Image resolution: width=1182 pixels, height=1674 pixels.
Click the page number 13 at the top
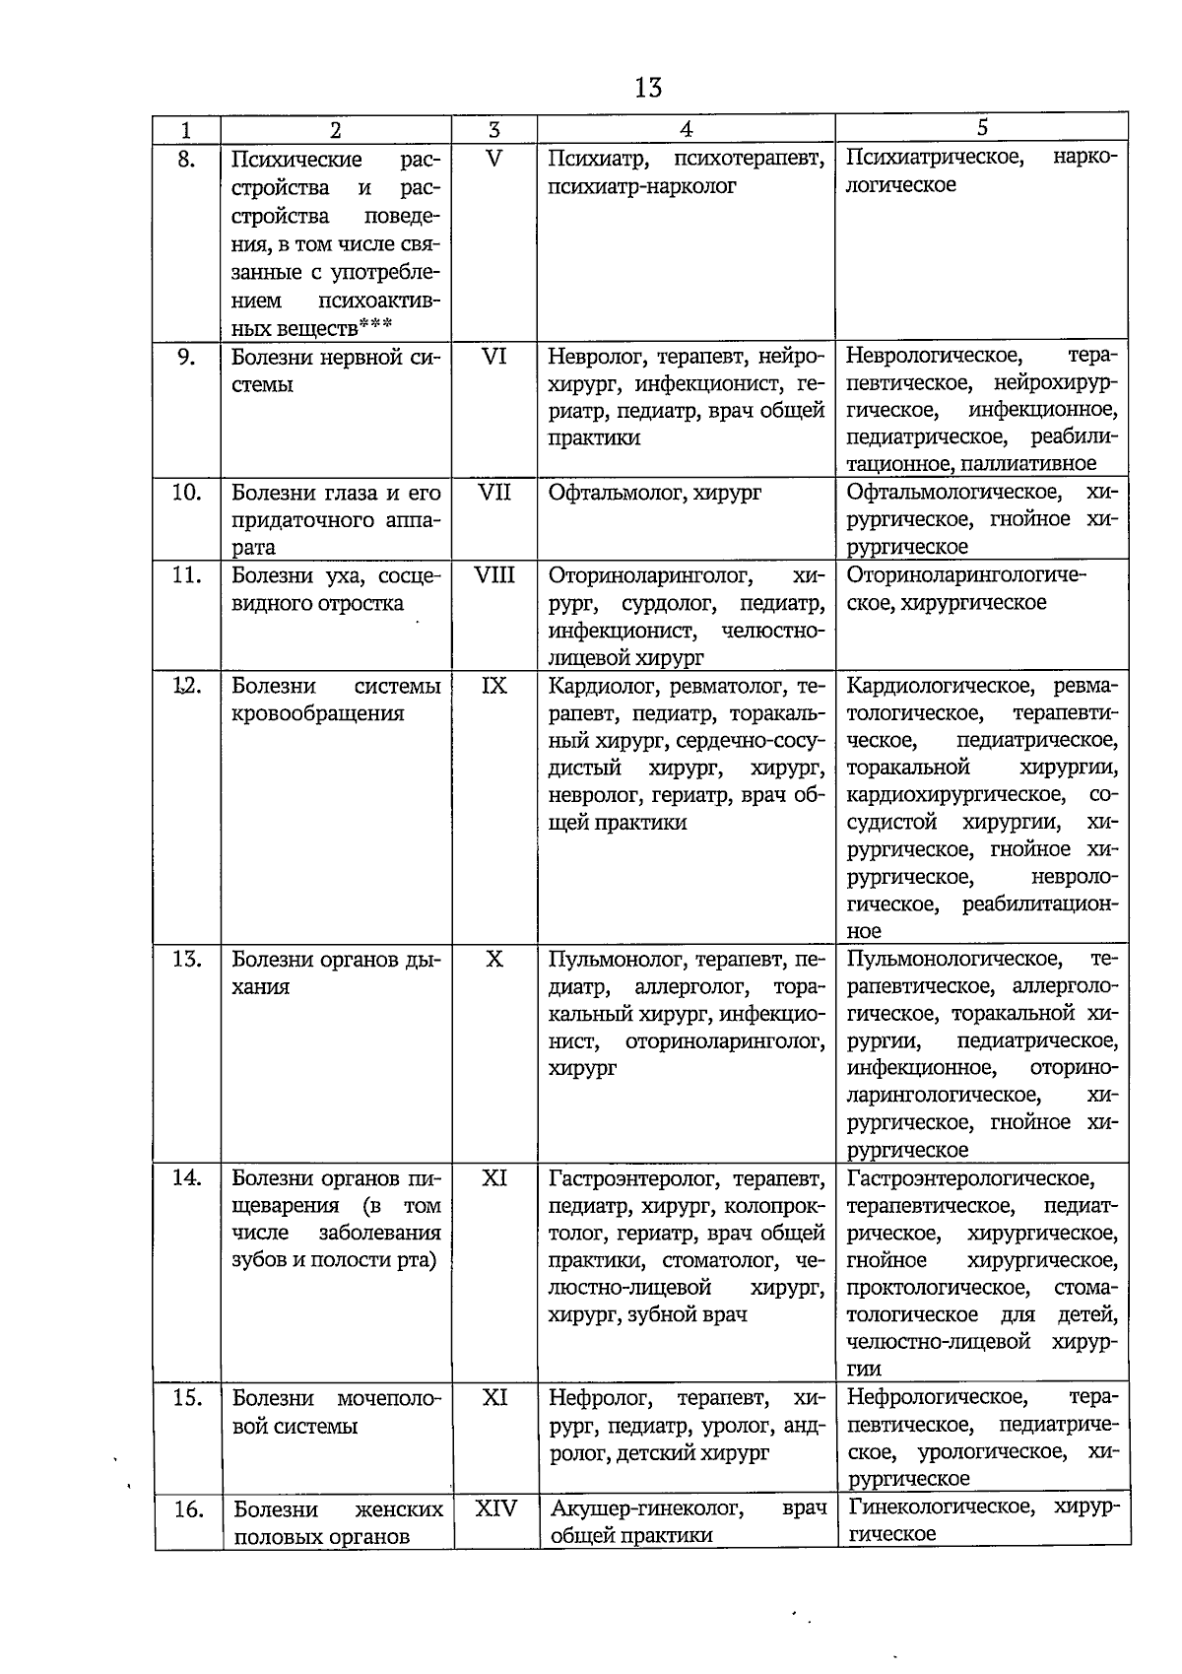coord(648,88)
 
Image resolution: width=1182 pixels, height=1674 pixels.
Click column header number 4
coord(687,129)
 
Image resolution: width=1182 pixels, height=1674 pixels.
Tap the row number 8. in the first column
coord(186,160)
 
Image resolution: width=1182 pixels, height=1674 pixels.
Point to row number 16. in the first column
coord(187,1509)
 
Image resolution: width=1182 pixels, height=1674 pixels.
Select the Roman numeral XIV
coord(496,1508)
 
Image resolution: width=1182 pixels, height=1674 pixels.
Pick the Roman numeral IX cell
coord(494,686)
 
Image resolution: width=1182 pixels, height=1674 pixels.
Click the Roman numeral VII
coord(494,493)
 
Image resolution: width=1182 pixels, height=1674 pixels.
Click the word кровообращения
coord(318,713)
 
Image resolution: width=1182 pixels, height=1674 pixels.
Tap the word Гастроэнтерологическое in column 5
coord(970,1178)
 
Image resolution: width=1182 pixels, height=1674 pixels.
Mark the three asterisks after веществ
coord(375,324)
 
